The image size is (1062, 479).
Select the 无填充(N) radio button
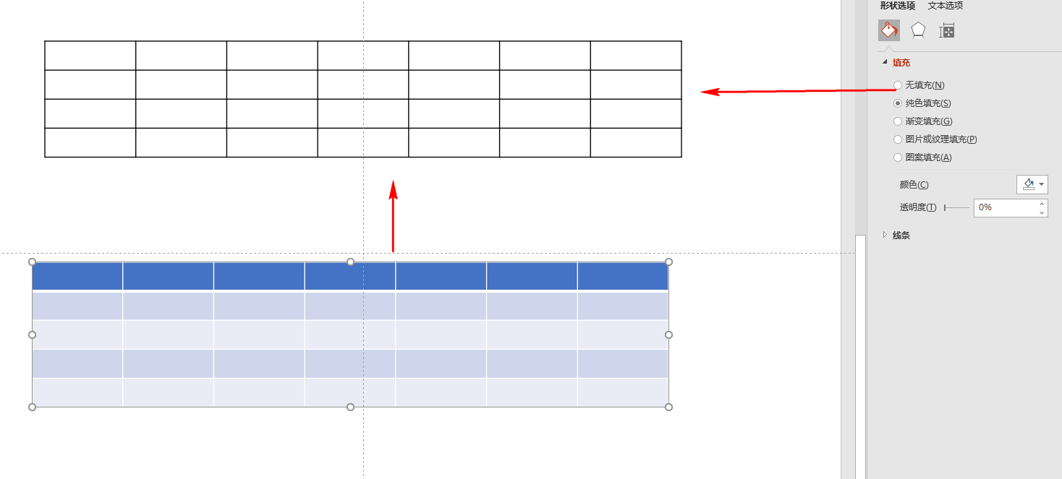point(898,85)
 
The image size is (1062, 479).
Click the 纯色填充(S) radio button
point(898,103)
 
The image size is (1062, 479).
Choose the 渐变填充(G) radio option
point(898,121)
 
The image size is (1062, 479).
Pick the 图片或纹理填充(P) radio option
point(898,139)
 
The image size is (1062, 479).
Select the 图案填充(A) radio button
point(898,157)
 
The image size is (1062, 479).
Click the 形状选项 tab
point(897,6)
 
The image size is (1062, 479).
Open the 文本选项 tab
point(946,6)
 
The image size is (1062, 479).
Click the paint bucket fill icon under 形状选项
point(888,30)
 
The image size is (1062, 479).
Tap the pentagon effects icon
point(918,30)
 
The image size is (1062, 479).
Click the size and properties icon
point(947,31)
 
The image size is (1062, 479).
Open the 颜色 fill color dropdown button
point(1032,184)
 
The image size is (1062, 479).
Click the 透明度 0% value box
point(1006,207)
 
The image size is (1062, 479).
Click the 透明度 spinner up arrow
point(1042,204)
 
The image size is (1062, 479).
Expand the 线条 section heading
point(901,235)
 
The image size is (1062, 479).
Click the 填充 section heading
point(901,63)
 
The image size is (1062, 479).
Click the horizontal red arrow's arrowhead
point(710,92)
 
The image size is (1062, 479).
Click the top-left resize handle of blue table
point(32,262)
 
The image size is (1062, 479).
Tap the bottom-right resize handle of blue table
point(668,407)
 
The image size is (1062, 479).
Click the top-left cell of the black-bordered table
point(90,56)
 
